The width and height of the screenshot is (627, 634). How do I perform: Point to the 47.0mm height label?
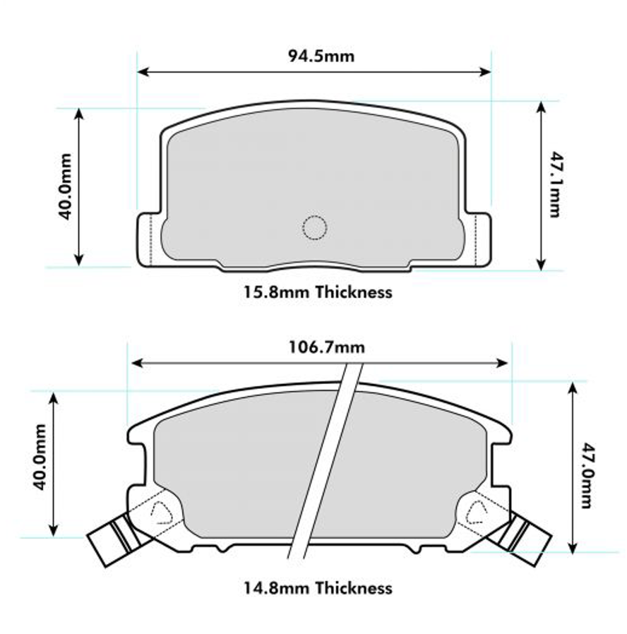coord(586,475)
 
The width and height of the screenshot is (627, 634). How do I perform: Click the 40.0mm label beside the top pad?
coord(66,186)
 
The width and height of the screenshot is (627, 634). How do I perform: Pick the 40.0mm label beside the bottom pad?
coord(40,457)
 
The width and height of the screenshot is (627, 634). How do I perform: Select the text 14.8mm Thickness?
coord(318,587)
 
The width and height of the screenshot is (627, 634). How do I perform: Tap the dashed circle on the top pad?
coord(314,227)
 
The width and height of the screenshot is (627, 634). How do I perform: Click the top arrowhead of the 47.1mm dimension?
coord(541,107)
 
